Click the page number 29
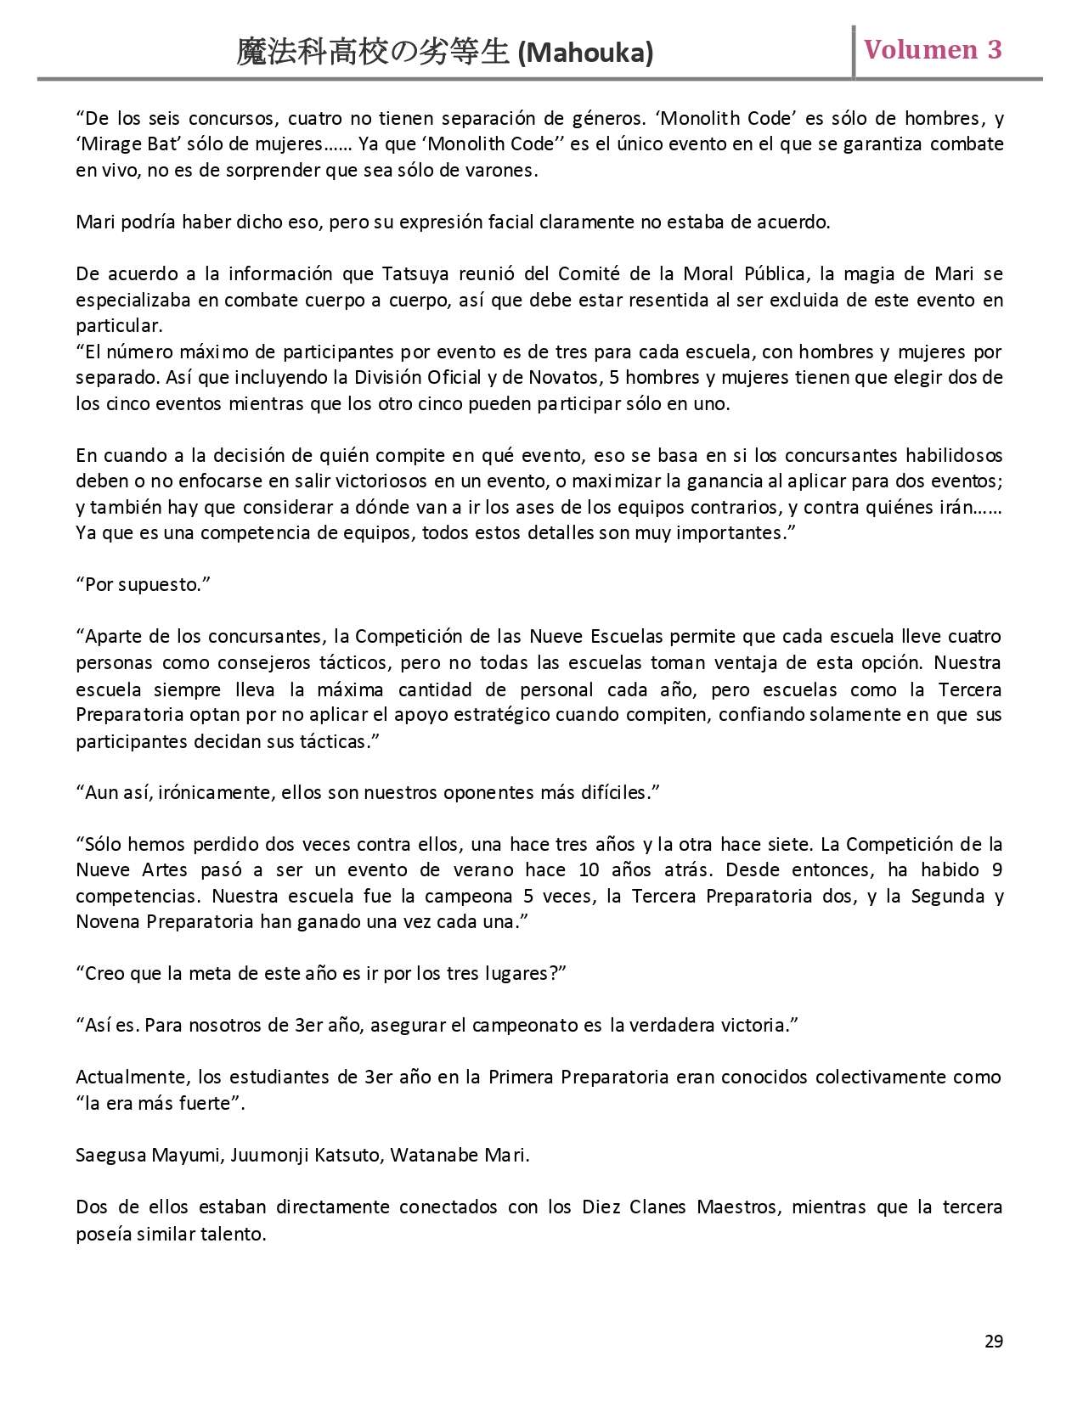click(994, 1341)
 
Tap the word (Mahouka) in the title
click(585, 54)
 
